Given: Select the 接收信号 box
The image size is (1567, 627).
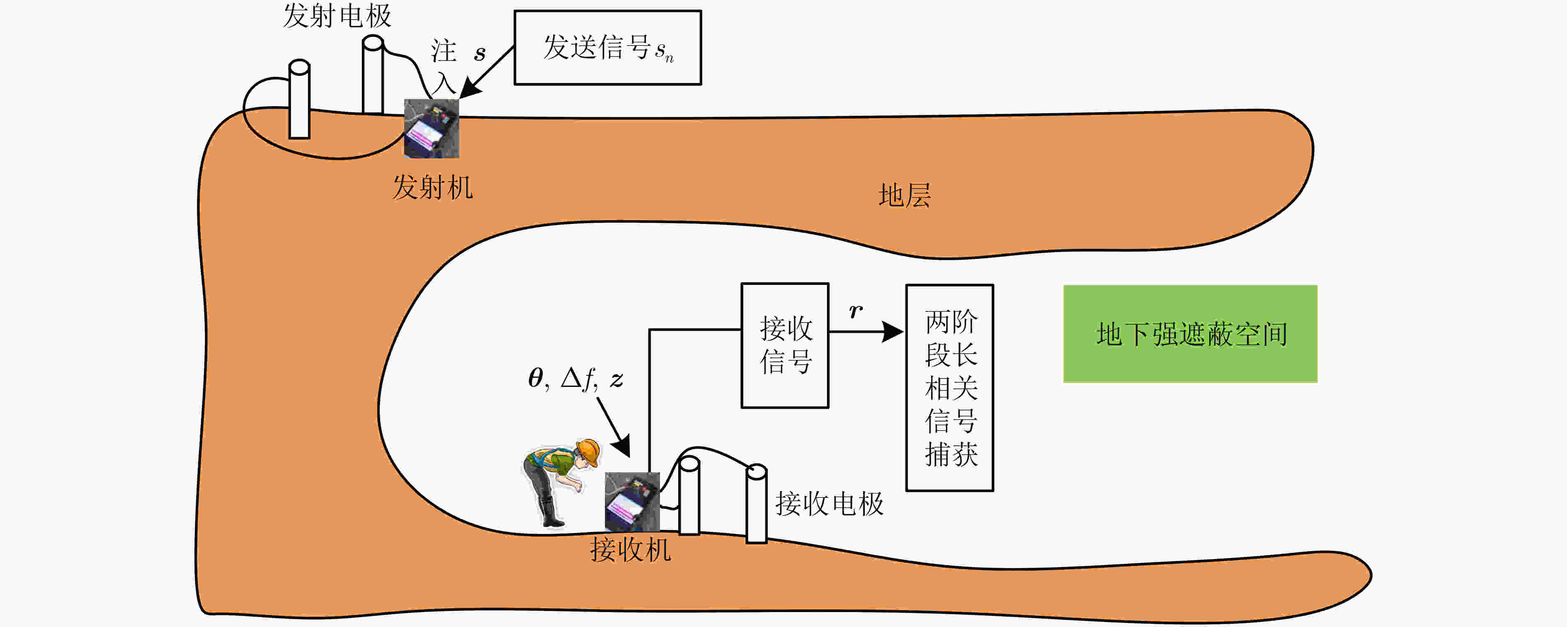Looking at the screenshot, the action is click(x=785, y=345).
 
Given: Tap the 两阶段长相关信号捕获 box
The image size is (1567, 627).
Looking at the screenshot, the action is click(x=950, y=388).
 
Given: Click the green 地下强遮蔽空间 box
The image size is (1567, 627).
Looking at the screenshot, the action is click(x=1191, y=333).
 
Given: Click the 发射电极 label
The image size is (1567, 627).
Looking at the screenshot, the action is click(x=337, y=16).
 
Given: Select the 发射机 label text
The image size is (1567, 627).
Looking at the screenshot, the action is click(x=432, y=187).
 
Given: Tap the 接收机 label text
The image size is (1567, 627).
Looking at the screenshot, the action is click(x=630, y=550).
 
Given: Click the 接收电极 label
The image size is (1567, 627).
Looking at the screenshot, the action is click(x=829, y=504).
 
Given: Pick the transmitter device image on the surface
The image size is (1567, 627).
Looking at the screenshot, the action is click(x=431, y=129).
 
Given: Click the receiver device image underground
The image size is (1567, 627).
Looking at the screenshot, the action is click(x=632, y=502).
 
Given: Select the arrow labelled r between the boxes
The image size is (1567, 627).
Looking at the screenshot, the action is click(x=867, y=332).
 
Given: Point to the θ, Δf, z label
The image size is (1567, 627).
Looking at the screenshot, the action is click(x=575, y=379).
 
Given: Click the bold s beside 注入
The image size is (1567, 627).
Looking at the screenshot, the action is click(x=480, y=53).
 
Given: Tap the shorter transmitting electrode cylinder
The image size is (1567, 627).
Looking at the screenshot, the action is click(x=299, y=99).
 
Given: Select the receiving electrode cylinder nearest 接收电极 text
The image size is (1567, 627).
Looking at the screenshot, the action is click(x=756, y=503).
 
